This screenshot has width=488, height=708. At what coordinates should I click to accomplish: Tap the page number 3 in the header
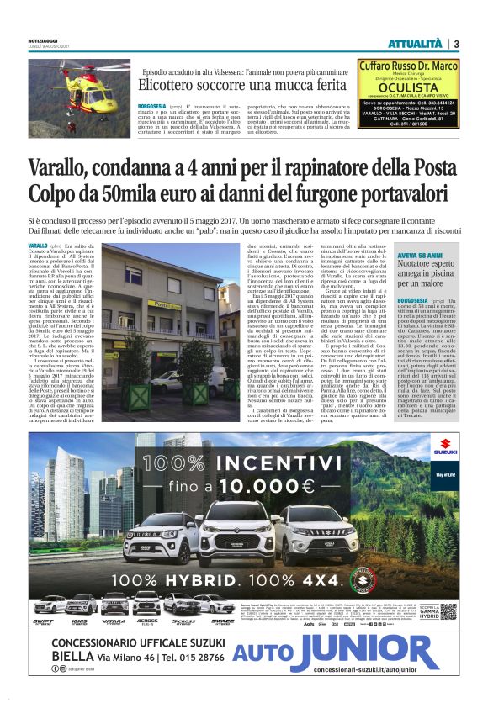pos(455,44)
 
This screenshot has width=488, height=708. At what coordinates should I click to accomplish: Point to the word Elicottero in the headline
pos(164,86)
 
